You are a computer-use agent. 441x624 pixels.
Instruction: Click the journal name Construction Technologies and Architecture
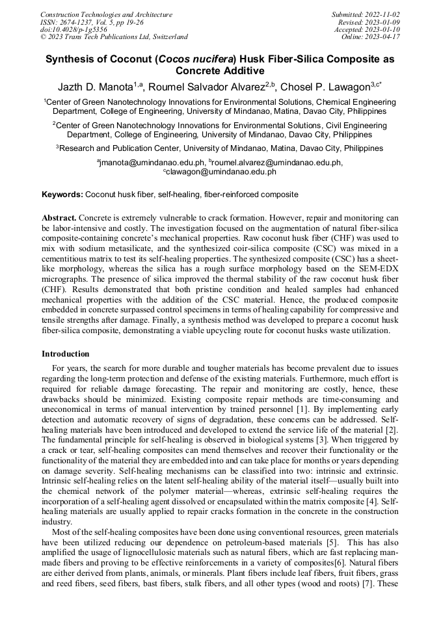click(106, 14)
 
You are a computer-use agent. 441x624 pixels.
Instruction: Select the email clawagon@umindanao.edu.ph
click(222, 172)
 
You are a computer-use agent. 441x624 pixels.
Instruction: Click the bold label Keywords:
click(62, 195)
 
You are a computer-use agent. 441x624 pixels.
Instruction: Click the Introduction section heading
click(66, 354)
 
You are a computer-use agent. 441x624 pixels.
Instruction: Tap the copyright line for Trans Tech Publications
click(114, 37)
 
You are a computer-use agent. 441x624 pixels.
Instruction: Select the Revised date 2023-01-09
click(384, 22)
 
